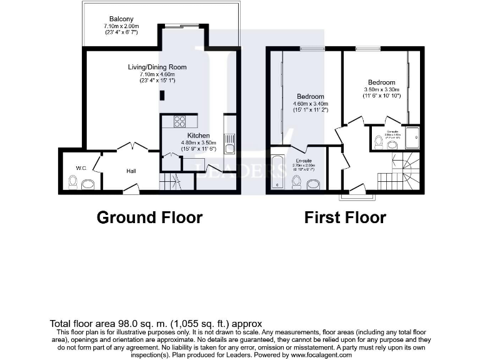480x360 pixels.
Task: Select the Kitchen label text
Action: [199, 135]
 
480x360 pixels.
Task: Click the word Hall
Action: [131, 171]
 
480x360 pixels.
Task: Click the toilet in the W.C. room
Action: [73, 182]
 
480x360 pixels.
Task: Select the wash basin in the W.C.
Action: [87, 183]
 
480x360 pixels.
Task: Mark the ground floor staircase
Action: [169, 182]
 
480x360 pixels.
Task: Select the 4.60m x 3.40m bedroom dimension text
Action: [310, 104]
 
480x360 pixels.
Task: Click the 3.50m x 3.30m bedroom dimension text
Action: [381, 89]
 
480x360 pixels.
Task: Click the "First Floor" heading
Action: [345, 217]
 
